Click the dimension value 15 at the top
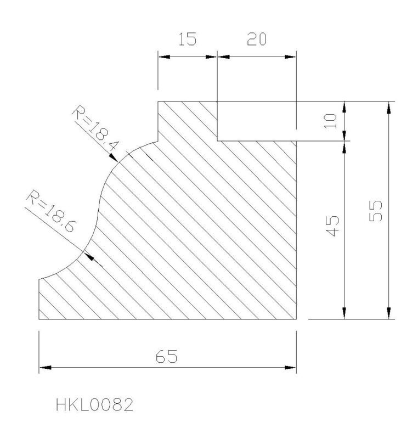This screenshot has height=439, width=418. coord(188,39)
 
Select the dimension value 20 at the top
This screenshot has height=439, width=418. coord(257,39)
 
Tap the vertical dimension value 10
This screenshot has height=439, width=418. coord(330,121)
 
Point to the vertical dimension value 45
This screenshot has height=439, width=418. coord(332,226)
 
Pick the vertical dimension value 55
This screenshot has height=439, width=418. coord(375,211)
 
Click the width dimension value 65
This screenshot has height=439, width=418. coord(166,356)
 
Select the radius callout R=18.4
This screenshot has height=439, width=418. coord(95,128)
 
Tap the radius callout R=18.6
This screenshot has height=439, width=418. coord(51,211)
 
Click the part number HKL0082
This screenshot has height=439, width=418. coord(94,405)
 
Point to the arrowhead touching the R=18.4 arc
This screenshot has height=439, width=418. coord(114,158)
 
